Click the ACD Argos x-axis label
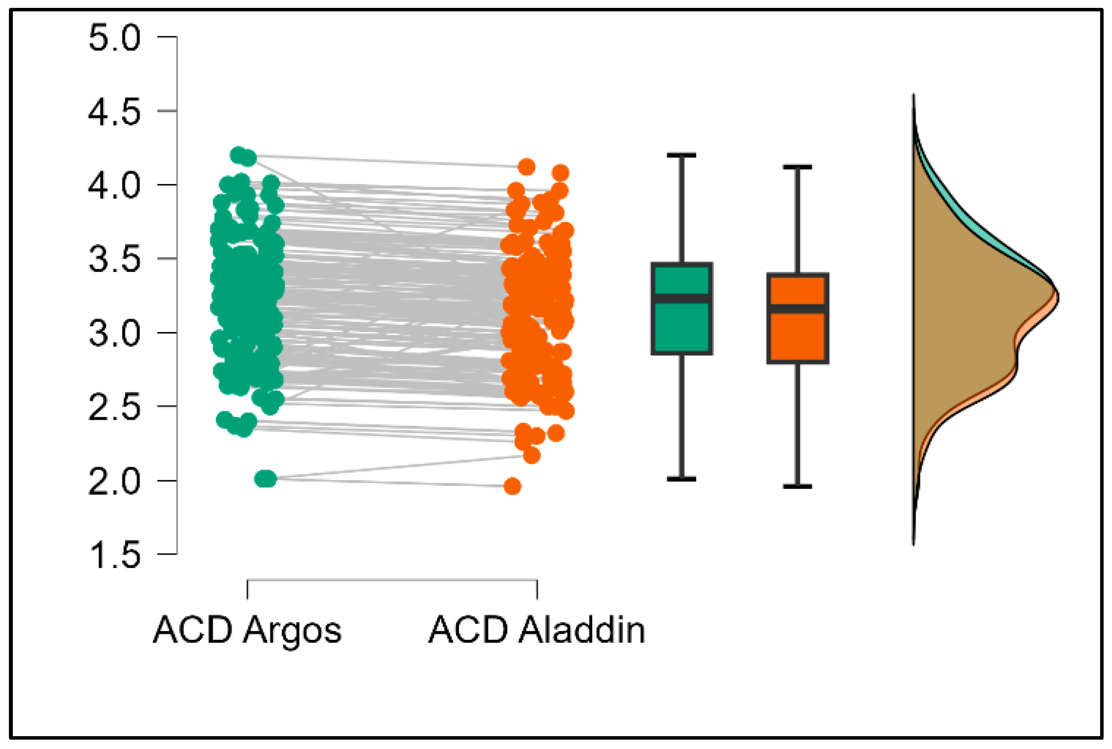coord(247,631)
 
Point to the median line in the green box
coord(682,298)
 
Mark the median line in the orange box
coord(797,309)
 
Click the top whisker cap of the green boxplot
coord(682,155)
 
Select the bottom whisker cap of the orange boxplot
coord(797,487)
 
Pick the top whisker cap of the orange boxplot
coord(797,167)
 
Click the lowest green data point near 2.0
coord(266,479)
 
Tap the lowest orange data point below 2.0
coord(512,487)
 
